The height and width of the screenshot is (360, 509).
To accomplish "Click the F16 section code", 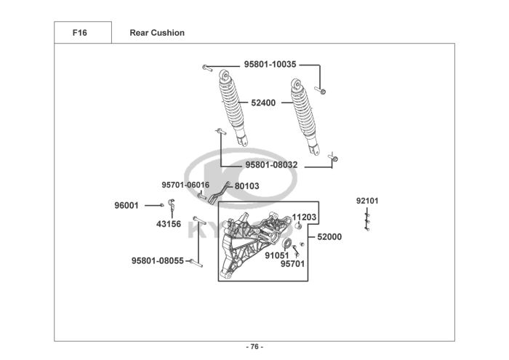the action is pos(79,33).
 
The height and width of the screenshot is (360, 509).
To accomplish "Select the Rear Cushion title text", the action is pos(157,33).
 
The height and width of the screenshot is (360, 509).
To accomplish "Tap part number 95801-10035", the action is pos(270,64).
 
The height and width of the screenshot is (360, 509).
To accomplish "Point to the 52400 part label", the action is pos(263,103).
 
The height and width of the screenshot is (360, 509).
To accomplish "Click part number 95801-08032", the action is pos(271,165).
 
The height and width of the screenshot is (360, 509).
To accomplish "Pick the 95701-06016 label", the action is pos(185,185).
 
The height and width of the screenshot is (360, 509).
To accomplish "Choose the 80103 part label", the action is pos(247,186).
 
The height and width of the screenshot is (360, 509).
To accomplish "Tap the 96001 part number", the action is pos(127,206).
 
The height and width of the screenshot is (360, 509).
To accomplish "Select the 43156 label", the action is pos(169,224).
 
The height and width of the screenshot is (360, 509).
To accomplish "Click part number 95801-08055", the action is pos(158,260).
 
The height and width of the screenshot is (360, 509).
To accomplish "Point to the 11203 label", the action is pos(304,217).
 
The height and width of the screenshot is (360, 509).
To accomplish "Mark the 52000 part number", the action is pos(329,237).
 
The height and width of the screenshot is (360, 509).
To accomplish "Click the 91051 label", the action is pos(277,255).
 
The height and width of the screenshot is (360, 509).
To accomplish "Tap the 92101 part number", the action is pos(367,201).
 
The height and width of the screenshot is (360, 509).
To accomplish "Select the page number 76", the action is pos(254,347).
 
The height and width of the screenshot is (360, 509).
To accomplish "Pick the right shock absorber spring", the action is pos(303,111).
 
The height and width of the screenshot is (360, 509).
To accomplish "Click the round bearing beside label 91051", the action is pos(286,243).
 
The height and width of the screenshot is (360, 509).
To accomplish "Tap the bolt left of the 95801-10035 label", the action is pos(207,68).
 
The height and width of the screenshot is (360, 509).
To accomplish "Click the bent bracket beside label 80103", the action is pos(218,193).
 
